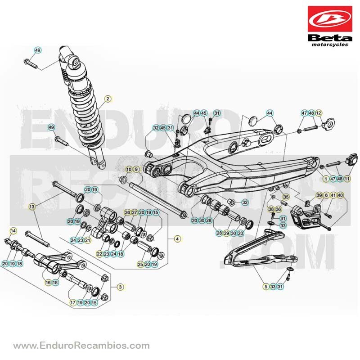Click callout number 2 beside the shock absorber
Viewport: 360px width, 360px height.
(x=108, y=99)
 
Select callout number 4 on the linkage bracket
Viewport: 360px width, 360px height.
(x=177, y=239)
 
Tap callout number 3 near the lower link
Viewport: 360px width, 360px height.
(x=120, y=287)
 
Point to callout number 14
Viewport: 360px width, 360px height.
(x=13, y=231)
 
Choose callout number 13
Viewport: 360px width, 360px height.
(x=31, y=207)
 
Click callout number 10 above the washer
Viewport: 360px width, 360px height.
(x=129, y=170)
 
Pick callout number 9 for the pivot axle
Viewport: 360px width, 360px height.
(x=136, y=170)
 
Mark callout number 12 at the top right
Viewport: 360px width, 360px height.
(x=319, y=113)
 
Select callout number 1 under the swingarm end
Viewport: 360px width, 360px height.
(x=326, y=179)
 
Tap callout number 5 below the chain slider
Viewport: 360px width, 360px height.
(x=266, y=287)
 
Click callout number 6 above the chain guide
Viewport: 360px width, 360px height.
(x=326, y=195)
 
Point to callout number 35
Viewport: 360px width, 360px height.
(x=286, y=197)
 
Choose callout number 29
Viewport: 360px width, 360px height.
(x=226, y=233)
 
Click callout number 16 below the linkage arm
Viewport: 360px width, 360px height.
(x=48, y=283)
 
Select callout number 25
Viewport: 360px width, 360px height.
(x=140, y=264)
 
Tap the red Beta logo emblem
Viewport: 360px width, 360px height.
(x=330, y=19)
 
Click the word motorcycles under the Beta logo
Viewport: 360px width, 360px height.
(x=330, y=45)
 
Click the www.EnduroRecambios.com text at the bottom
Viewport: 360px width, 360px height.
(x=81, y=345)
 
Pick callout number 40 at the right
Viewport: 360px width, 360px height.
(x=340, y=195)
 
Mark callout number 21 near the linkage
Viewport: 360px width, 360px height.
(x=87, y=240)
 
